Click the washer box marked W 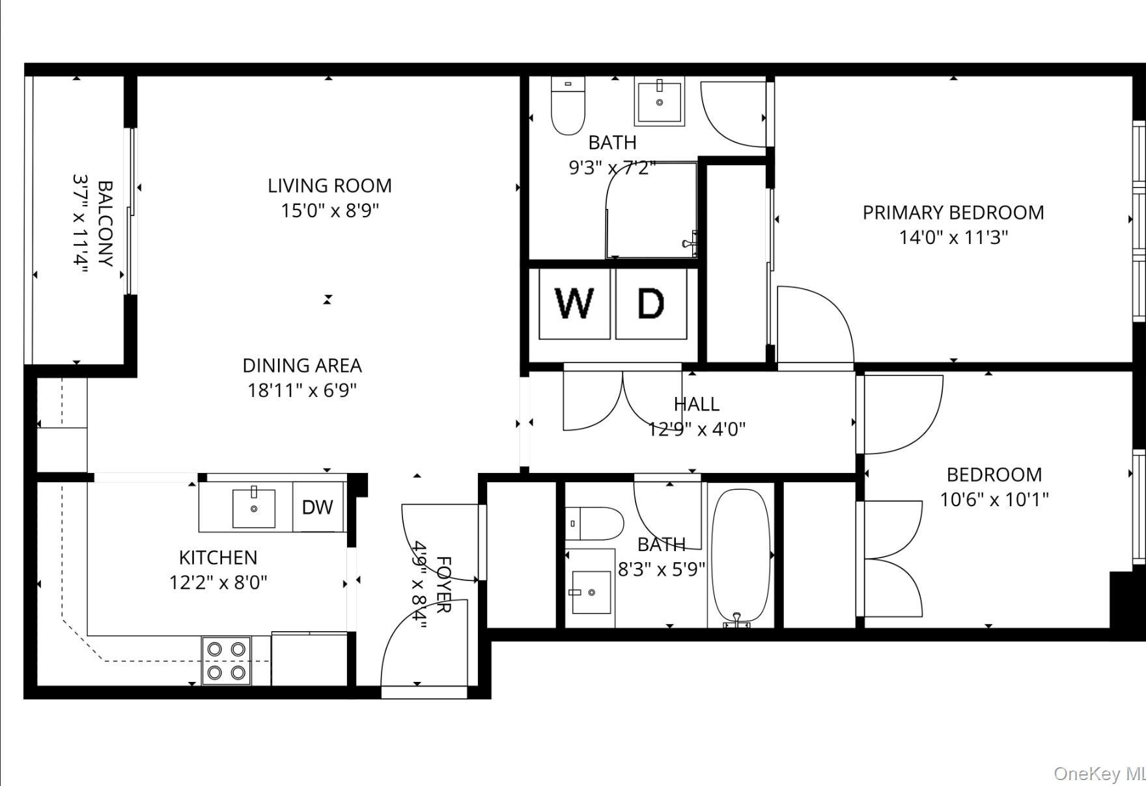point(574,303)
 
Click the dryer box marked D point(650,303)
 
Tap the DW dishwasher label point(318,507)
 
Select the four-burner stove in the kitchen point(226,660)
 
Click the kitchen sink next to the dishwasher point(254,508)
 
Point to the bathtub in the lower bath point(741,556)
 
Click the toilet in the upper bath point(568,105)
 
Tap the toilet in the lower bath point(594,524)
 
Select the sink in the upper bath point(659,102)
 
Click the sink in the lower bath point(591,592)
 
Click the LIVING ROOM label point(329,186)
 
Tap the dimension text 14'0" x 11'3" point(953,237)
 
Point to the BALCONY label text point(105,223)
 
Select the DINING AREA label point(302,366)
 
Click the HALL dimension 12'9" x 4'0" point(697,429)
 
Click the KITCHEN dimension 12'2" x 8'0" point(218,582)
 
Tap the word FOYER point(443,584)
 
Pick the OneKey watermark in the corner point(1099,774)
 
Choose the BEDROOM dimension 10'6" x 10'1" point(994,500)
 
